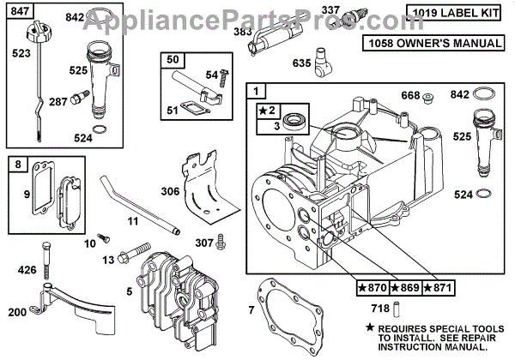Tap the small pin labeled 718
pyautogui.click(x=398, y=306)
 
